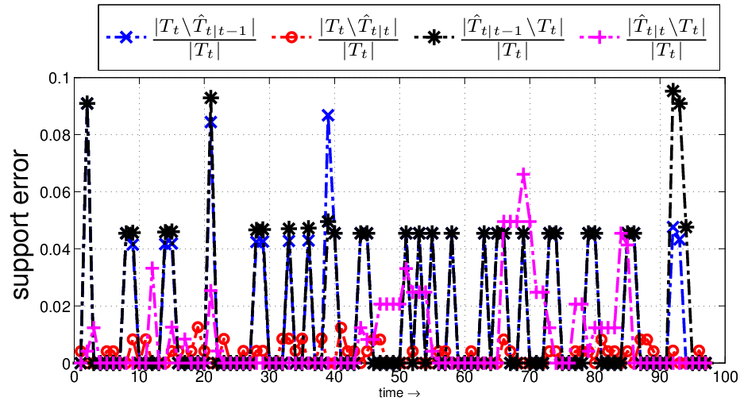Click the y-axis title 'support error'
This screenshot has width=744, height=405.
(20, 225)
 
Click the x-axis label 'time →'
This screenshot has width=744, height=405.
(399, 393)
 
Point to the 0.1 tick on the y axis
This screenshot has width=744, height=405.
(59, 78)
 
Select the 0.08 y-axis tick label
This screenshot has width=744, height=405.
(55, 135)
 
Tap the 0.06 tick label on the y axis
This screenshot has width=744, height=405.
(55, 192)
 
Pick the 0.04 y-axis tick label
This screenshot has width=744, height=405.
(55, 249)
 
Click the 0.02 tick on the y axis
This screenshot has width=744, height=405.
(55, 307)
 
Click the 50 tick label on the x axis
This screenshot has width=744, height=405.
(399, 377)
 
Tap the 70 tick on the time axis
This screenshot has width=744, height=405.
(530, 377)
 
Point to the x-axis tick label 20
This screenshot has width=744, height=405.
(204, 377)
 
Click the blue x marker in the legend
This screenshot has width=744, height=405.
(126, 37)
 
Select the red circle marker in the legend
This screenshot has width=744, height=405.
(291, 37)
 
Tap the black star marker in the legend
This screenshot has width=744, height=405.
(434, 37)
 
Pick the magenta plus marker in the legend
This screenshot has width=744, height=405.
(599, 37)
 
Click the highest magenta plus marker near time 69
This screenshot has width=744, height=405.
(523, 175)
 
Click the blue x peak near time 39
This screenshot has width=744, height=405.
(328, 115)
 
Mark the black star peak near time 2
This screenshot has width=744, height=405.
(87, 103)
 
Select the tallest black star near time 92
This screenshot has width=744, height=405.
(673, 91)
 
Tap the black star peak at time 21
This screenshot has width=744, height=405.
(210, 98)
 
